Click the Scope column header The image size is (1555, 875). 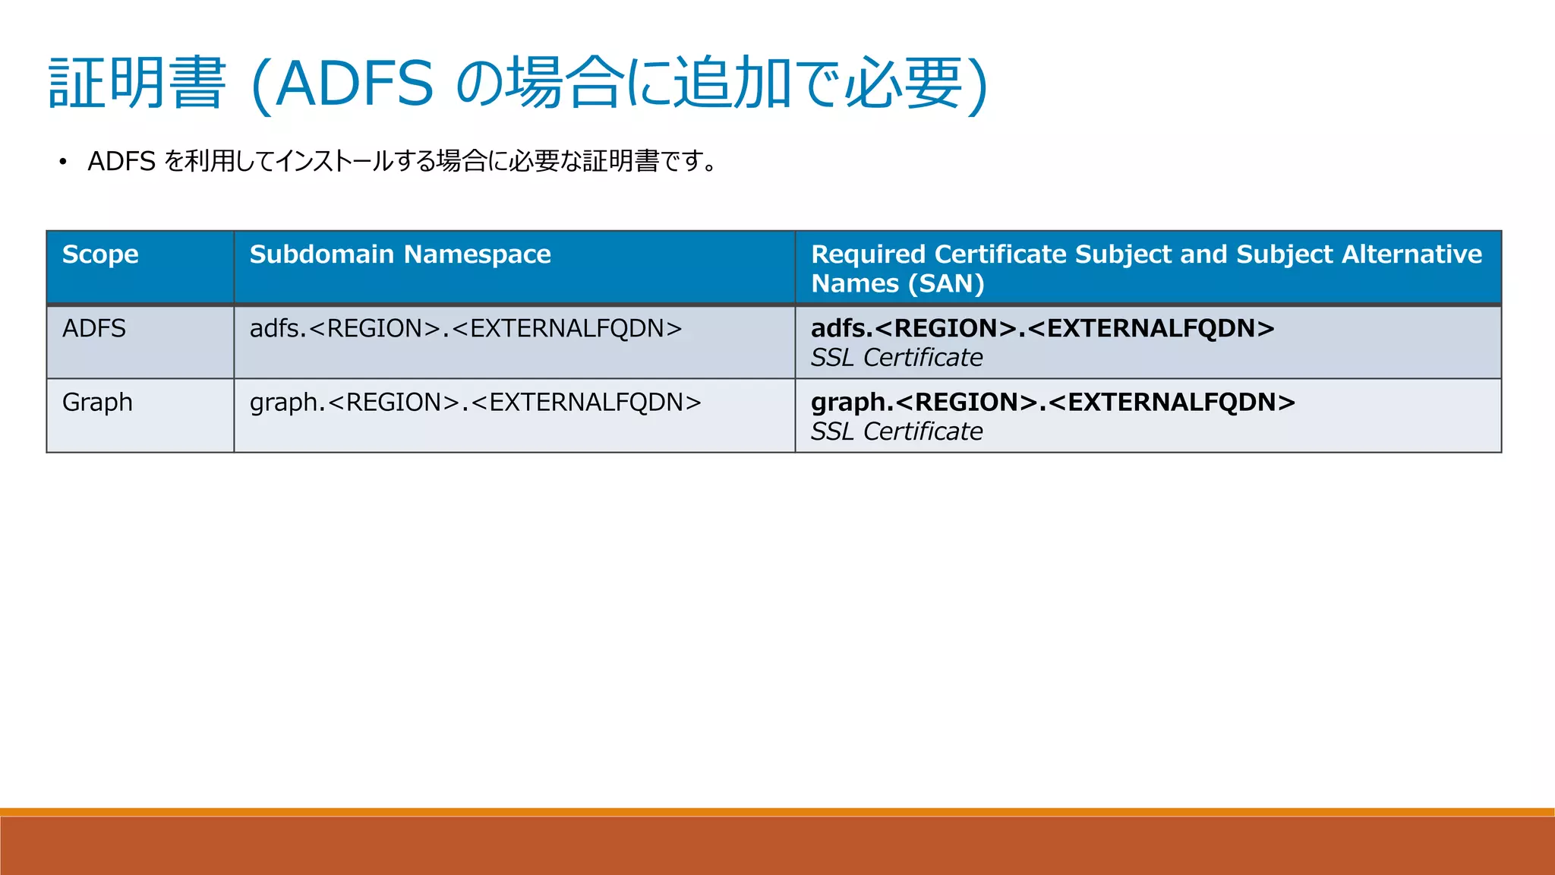100,254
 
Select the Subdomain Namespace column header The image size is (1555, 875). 400,254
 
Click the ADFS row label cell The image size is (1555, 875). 94,329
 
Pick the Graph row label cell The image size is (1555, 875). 97,403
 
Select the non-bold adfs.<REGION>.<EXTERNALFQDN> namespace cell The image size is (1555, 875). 465,329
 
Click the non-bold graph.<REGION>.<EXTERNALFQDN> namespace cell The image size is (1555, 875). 475,403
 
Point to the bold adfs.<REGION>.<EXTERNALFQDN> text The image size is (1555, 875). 1042,329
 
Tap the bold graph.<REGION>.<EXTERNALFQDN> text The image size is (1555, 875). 1053,403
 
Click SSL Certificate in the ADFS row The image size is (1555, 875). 897,358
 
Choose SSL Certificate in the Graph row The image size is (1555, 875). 897,431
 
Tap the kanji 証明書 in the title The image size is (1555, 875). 137,84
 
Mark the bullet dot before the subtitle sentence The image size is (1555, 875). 63,162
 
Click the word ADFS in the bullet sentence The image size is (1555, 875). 121,162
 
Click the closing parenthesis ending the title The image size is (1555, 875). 978,85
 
